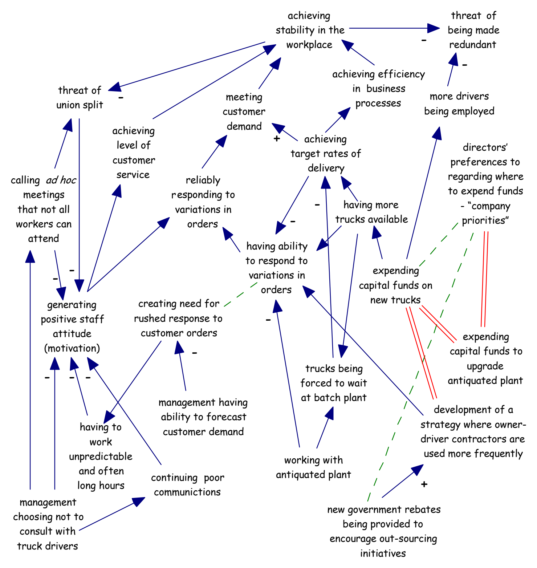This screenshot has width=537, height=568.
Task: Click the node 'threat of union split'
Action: pos(80,97)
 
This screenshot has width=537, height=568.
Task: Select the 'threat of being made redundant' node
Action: pos(473,30)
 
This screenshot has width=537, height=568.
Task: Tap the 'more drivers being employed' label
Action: pos(459,104)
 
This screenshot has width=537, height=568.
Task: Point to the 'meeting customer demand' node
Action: pos(244,111)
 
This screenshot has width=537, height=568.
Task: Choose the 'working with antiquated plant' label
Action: pos(313,467)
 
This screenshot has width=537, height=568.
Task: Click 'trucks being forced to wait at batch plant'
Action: pos(334,383)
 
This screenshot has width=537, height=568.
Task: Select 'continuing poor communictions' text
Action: pos(187,485)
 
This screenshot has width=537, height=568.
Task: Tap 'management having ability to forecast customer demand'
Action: pos(203,417)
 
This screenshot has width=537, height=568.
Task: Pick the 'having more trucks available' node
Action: pos(371,212)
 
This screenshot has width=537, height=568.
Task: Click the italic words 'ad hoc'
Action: pos(61,180)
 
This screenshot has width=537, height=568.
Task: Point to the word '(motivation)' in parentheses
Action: pos(72,348)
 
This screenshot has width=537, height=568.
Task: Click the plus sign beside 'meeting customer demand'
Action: pos(277,138)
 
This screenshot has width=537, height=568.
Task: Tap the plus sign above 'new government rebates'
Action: pos(424,484)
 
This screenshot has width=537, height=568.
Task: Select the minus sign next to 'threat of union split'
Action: pos(121,97)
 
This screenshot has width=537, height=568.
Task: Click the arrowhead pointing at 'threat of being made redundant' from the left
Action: pos(434,28)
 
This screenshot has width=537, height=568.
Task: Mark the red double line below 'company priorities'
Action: pos(485,279)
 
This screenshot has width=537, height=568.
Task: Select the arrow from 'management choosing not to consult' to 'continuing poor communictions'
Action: pos(112,514)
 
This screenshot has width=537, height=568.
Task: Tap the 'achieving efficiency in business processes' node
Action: pos(379,89)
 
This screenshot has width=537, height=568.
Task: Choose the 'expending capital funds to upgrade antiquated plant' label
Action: pos(485,358)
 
